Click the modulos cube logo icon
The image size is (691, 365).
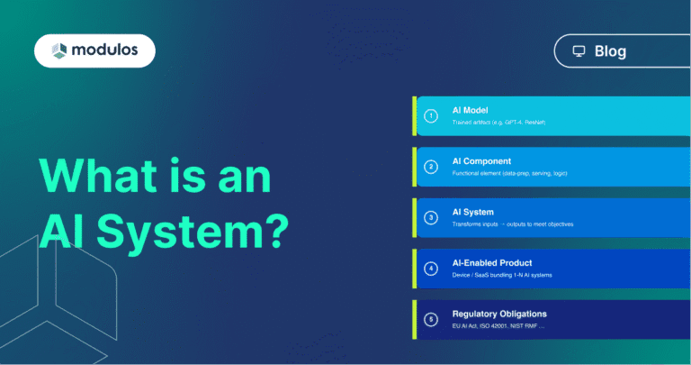[x=59, y=50]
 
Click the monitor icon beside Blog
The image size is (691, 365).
[x=579, y=51]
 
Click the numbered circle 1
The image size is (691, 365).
[x=432, y=116]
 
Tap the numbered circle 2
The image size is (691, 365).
[x=432, y=167]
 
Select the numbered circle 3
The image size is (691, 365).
[x=432, y=217]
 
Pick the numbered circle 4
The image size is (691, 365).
[x=432, y=268]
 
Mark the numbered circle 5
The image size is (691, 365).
[x=432, y=318]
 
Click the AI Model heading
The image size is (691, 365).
[x=470, y=110]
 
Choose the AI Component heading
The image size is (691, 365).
[x=481, y=160]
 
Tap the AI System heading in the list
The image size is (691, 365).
[x=472, y=212]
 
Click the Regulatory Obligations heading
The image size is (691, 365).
[x=498, y=314]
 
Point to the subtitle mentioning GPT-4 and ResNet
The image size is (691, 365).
[x=486, y=122]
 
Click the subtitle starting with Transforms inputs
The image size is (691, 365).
[x=512, y=224]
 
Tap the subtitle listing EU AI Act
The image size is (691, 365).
[x=498, y=325]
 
